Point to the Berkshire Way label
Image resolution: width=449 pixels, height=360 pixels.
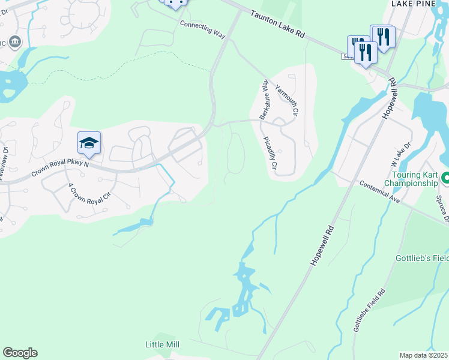[264, 100]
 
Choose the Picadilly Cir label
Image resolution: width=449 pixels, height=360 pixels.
[268, 154]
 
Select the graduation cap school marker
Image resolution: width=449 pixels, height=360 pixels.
[89, 143]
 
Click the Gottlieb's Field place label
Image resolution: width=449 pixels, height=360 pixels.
[422, 259]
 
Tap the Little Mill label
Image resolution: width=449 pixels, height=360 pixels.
[162, 344]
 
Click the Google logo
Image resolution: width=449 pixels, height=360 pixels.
[20, 353]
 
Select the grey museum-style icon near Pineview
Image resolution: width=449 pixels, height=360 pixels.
[15, 42]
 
